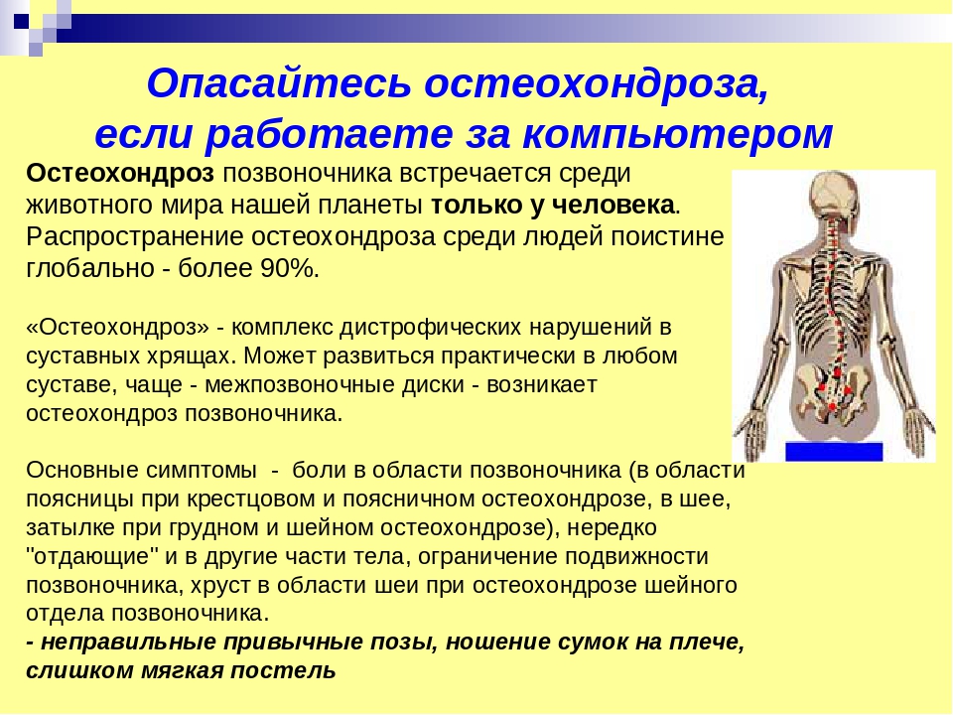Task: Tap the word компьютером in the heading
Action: coord(677,134)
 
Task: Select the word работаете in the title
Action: coord(329,134)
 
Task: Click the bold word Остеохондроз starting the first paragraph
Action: coord(120,173)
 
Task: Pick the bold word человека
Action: coord(613,205)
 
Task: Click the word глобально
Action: coord(90,268)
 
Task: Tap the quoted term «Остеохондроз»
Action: coord(117,328)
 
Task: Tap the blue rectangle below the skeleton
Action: coord(834,452)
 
